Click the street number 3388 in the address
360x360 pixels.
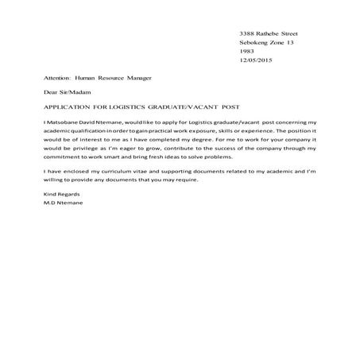pyautogui.click(x=247, y=33)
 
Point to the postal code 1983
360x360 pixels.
pyautogui.click(x=246, y=52)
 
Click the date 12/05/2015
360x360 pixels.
pyautogui.click(x=254, y=61)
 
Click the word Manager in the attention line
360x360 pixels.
pyautogui.click(x=136, y=80)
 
